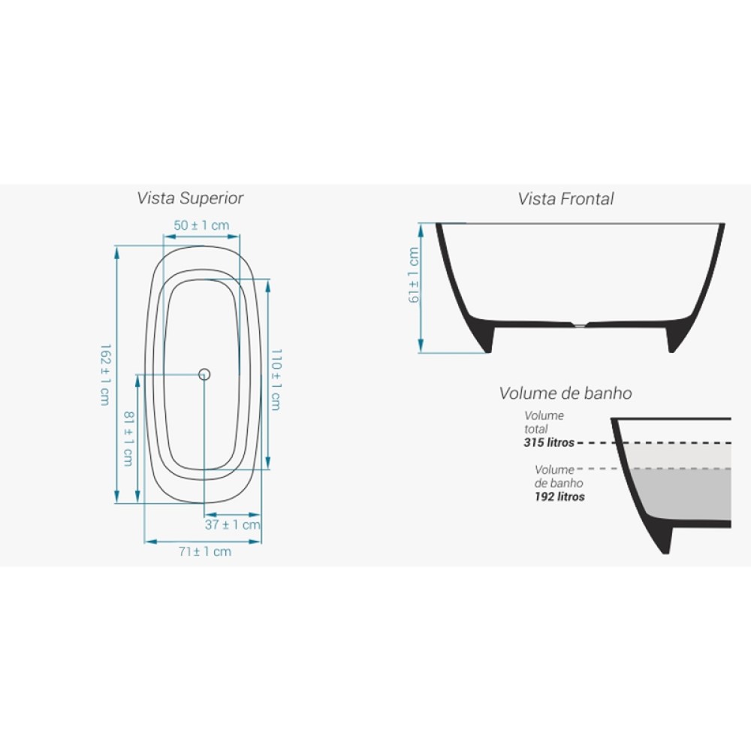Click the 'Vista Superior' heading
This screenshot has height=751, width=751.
pyautogui.click(x=190, y=198)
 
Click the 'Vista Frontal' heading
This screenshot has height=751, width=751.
pyautogui.click(x=566, y=199)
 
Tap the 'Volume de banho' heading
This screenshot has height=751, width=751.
pyautogui.click(x=566, y=394)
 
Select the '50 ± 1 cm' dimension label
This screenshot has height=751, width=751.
pyautogui.click(x=201, y=225)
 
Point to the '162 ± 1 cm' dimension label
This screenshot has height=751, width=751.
pyautogui.click(x=105, y=375)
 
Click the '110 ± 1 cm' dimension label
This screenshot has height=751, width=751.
pyautogui.click(x=276, y=379)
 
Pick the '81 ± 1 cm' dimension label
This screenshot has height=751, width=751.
pyautogui.click(x=129, y=439)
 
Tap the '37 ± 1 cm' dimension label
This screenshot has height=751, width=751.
pyautogui.click(x=233, y=524)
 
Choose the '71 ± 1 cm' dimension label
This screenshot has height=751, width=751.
pyautogui.click(x=205, y=552)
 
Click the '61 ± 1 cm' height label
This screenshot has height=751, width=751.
pyautogui.click(x=414, y=275)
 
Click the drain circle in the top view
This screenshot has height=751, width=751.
pyautogui.click(x=204, y=375)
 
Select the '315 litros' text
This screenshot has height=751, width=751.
pyautogui.click(x=549, y=442)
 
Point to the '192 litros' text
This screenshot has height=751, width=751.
pyautogui.click(x=559, y=496)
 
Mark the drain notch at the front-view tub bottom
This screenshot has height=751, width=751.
pyautogui.click(x=580, y=324)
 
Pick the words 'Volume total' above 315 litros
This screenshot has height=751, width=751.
pyautogui.click(x=544, y=422)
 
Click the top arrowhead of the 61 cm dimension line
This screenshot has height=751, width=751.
pyautogui.click(x=421, y=231)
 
